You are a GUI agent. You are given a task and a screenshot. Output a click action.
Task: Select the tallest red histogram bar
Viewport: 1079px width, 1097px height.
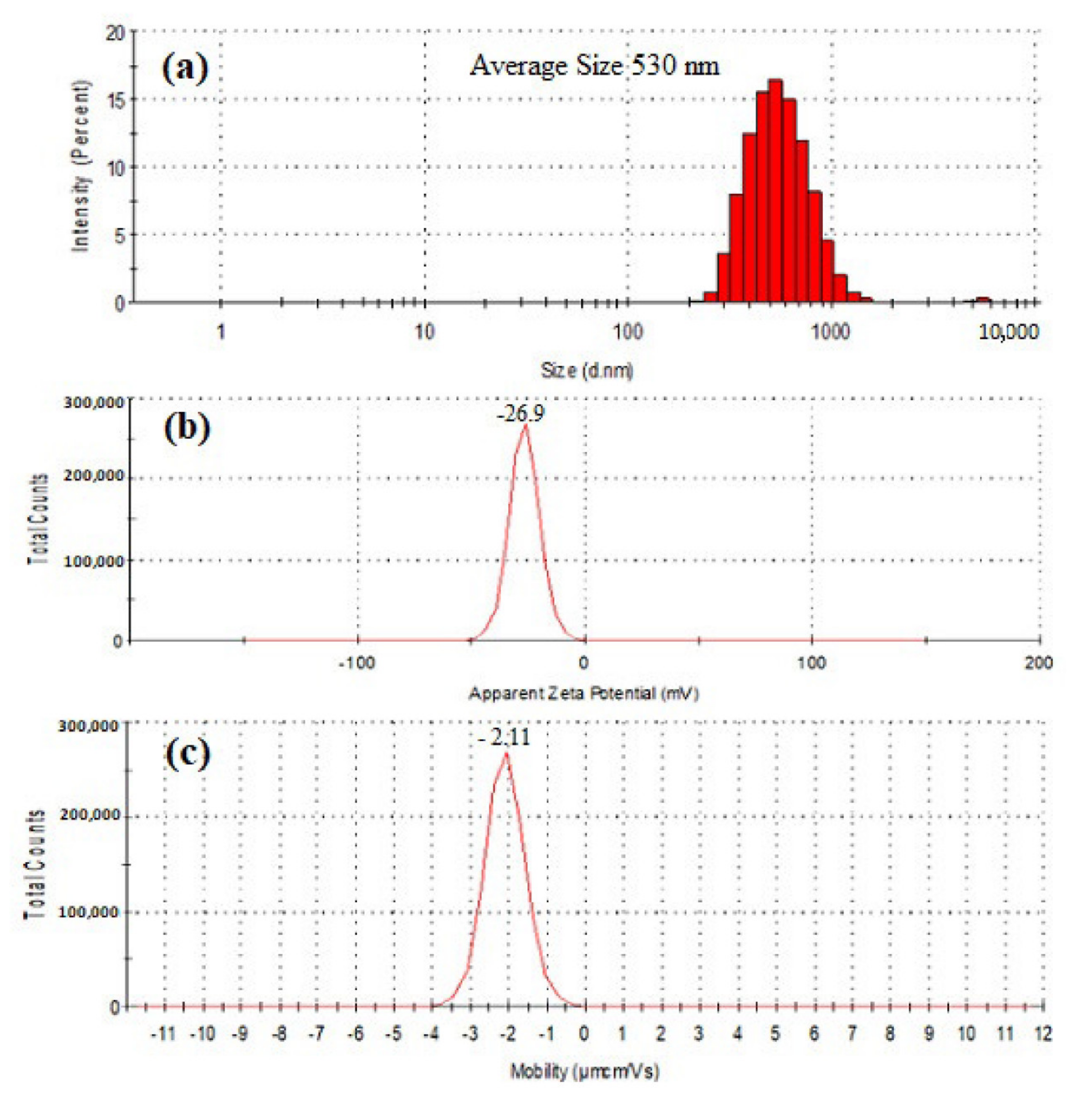tap(776, 191)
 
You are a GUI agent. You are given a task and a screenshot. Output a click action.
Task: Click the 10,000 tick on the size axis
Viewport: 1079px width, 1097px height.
tap(1009, 332)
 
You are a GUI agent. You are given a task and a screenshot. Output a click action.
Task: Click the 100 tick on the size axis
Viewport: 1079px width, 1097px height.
tap(628, 332)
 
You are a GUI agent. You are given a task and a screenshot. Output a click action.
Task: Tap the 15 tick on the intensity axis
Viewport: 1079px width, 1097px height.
tap(115, 100)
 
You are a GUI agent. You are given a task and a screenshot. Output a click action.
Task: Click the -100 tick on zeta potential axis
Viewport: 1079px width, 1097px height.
tap(356, 662)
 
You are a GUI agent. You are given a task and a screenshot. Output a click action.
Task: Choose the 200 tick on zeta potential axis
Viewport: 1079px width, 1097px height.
tap(1039, 662)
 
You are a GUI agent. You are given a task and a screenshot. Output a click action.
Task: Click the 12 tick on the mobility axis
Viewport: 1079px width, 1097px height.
tap(1043, 1034)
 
